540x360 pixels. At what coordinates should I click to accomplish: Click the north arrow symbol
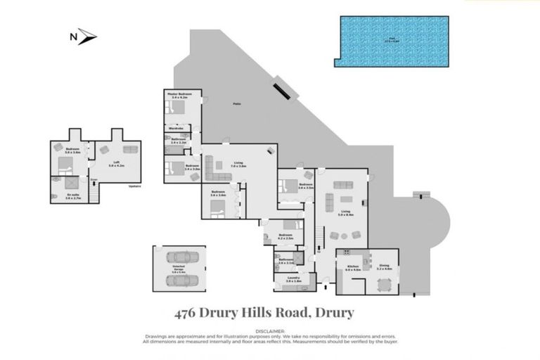tap(86, 37)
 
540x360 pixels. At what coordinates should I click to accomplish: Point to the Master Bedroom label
tap(179, 95)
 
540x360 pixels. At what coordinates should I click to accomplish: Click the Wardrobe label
tap(179, 129)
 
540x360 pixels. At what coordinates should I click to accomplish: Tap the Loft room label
tap(115, 165)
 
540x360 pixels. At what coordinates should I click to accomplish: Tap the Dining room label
tap(383, 266)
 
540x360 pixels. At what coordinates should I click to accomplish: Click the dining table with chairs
tap(383, 285)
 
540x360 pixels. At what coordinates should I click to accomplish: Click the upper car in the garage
tap(180, 257)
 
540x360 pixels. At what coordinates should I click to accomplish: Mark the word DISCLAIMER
tap(270, 330)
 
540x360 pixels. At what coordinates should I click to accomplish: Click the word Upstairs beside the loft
tap(134, 186)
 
